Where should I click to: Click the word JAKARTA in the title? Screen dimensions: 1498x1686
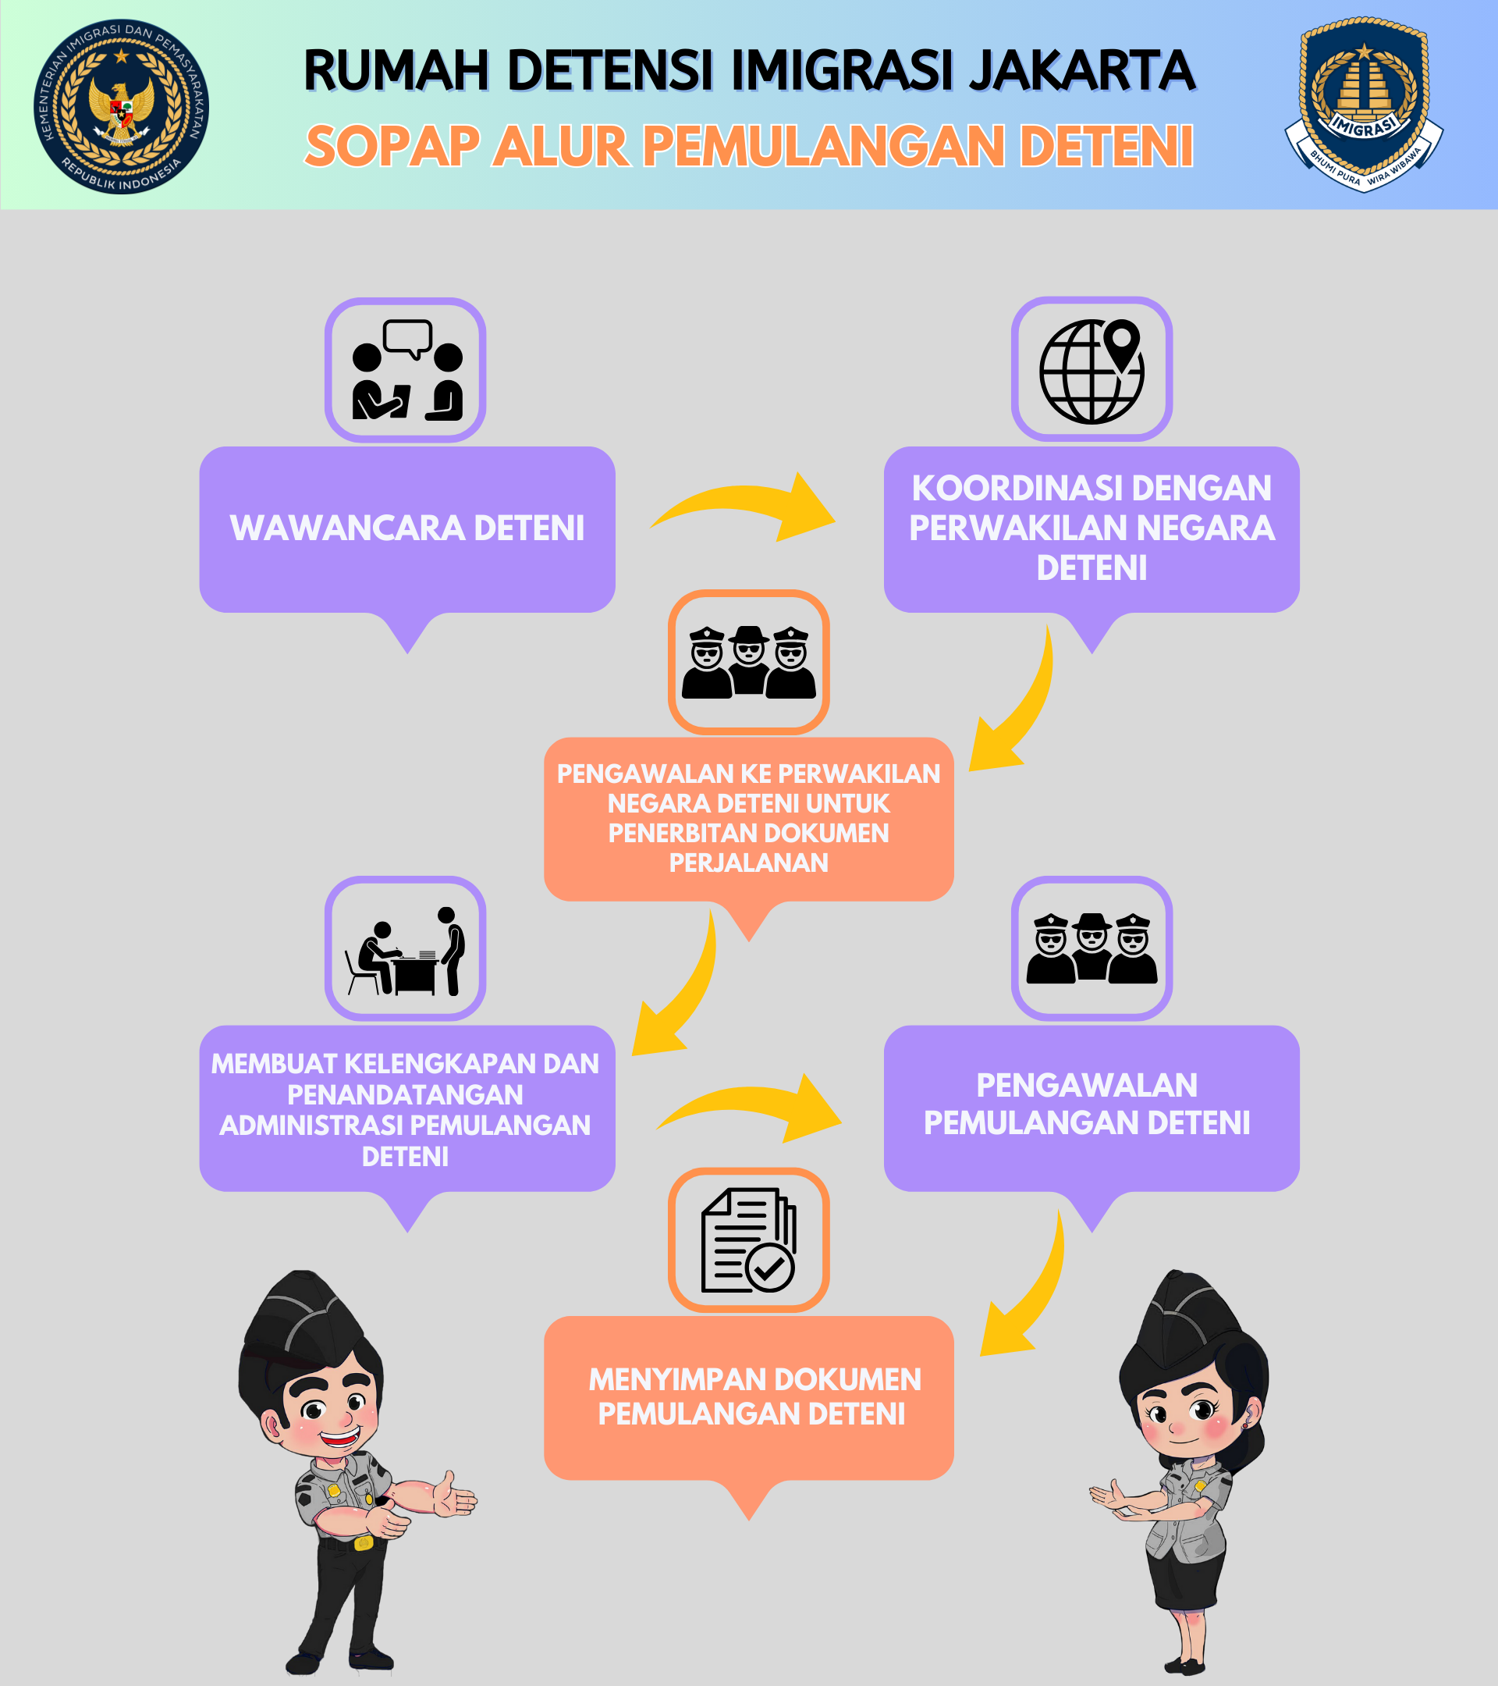tap(1082, 70)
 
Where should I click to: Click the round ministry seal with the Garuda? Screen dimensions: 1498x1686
tap(121, 106)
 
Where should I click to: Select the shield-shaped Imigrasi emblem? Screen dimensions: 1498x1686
tap(1365, 104)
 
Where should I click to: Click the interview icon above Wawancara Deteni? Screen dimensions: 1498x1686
tap(406, 370)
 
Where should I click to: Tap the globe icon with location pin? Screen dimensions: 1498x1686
tap(1092, 369)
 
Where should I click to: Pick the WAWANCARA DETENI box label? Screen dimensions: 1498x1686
tap(407, 528)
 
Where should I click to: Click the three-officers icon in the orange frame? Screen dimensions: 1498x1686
tap(748, 662)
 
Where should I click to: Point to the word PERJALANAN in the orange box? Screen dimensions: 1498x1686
tap(748, 863)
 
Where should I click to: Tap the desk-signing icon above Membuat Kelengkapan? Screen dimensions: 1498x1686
tap(406, 948)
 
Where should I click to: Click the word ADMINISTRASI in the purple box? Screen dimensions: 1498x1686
tap(314, 1125)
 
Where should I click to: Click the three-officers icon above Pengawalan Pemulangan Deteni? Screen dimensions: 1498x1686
tap(1092, 948)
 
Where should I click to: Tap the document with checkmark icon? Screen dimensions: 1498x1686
tap(748, 1240)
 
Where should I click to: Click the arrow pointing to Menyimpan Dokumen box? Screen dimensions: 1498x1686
tap(1041, 1295)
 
